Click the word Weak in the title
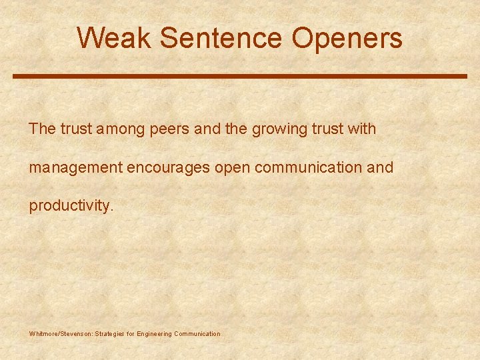[115, 38]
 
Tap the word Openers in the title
[347, 38]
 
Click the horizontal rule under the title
[240, 77]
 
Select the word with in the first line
[362, 129]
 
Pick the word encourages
[168, 167]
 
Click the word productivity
[69, 206]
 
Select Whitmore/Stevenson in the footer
[61, 333]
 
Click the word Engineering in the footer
[154, 333]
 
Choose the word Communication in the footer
[197, 333]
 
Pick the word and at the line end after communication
[381, 167]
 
